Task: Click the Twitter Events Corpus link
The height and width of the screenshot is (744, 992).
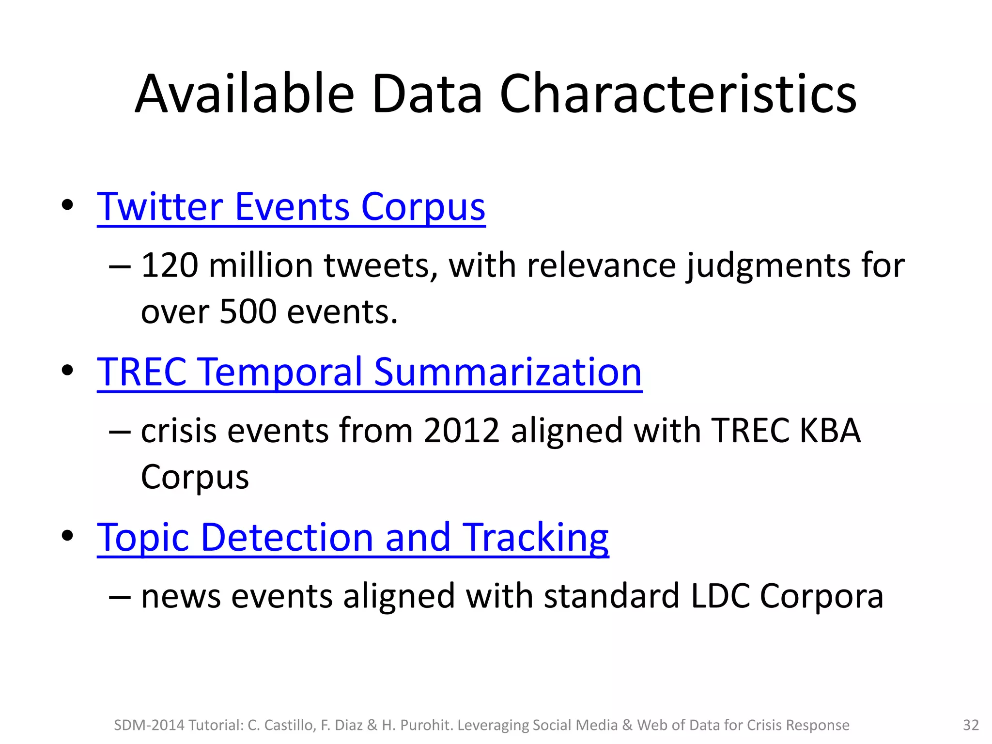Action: click(x=291, y=207)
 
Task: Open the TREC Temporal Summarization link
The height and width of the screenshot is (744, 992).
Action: click(x=369, y=372)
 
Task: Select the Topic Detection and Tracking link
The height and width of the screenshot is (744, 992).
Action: click(x=352, y=538)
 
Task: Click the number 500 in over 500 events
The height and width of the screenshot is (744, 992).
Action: click(x=248, y=311)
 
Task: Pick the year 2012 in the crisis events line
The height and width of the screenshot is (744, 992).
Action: click(x=461, y=430)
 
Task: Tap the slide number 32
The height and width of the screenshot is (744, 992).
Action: click(x=971, y=725)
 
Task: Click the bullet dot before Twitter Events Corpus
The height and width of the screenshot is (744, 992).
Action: click(x=67, y=205)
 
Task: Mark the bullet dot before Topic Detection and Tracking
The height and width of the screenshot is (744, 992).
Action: click(x=67, y=536)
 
